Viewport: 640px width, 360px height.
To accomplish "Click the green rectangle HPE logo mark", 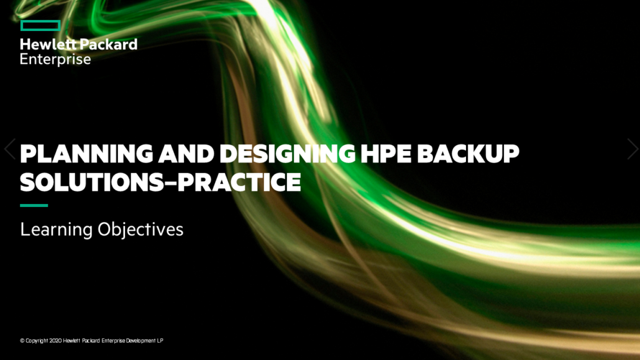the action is click(40, 25).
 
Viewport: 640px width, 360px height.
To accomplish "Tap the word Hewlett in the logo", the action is click(48, 44).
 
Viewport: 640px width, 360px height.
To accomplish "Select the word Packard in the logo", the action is click(108, 44).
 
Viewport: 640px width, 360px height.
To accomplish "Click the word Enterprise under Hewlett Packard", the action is click(55, 59).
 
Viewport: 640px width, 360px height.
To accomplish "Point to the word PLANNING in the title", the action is click(86, 154).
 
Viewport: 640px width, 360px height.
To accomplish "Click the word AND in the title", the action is click(186, 154).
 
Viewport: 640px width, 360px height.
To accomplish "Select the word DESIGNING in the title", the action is click(287, 154).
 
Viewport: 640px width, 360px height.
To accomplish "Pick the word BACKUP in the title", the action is click(468, 154).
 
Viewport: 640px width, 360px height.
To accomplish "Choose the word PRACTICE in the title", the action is click(239, 182).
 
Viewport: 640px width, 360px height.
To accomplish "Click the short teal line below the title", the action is click(34, 206).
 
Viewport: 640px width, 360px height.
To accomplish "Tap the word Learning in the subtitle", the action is click(57, 230).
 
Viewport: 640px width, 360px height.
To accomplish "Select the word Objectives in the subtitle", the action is click(140, 230).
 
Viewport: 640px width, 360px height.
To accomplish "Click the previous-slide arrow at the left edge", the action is click(10, 149).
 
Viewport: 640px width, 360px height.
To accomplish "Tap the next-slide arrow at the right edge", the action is click(633, 149).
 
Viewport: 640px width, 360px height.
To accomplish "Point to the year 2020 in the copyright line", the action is click(55, 341).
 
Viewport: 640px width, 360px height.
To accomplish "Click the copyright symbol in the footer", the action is click(22, 341).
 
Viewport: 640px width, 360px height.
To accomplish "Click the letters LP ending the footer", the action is click(160, 341).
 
